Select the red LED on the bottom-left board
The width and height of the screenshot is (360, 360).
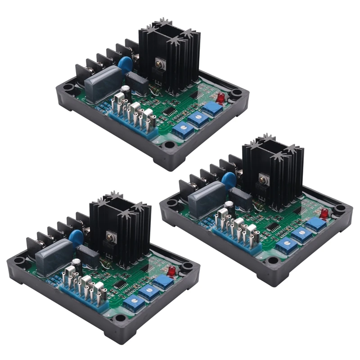click(x=171, y=271)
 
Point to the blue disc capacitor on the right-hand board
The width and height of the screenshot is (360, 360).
click(x=229, y=179)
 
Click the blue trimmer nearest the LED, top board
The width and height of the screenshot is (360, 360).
click(x=212, y=108)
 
